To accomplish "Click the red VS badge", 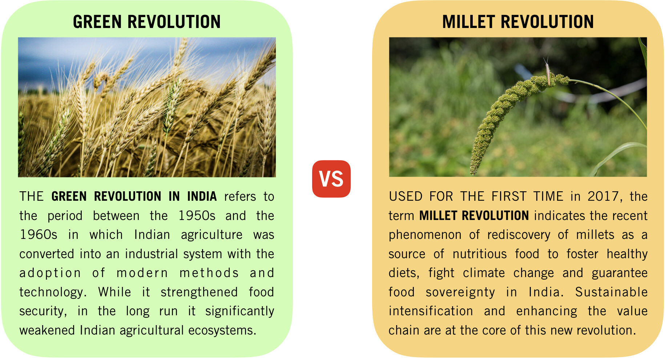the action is [331, 179].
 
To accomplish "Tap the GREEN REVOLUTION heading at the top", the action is [147, 22].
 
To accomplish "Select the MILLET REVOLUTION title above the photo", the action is [518, 22].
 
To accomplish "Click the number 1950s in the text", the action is [197, 216].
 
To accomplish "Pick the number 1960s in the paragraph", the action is [39, 235].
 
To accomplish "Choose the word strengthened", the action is [199, 292].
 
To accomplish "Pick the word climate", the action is [484, 273].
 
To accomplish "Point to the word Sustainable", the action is [611, 292].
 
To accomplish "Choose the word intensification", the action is [431, 311].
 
